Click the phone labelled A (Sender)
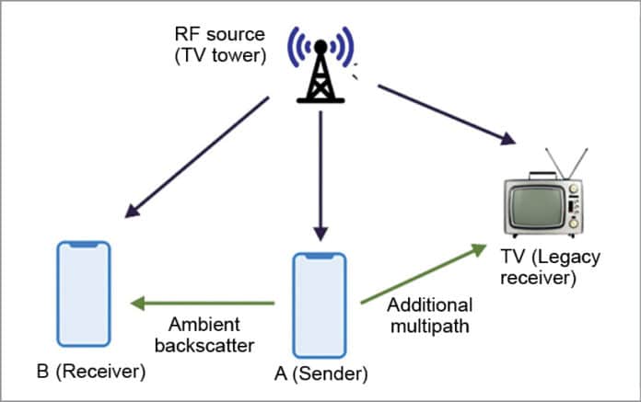tap(320, 304)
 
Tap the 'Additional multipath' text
tap(430, 316)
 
